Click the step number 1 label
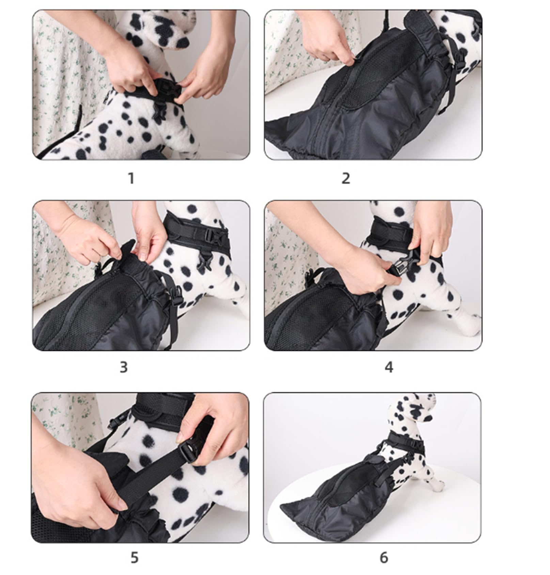[x=131, y=178]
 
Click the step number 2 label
[x=346, y=178]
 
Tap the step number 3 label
[x=124, y=367]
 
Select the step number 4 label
[x=389, y=367]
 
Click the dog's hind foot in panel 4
[x=472, y=324]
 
